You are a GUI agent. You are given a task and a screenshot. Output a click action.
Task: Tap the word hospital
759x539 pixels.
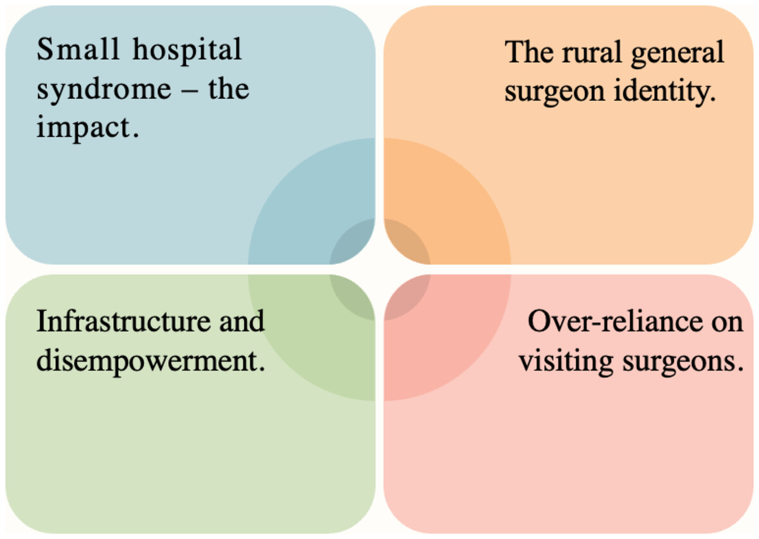click(187, 51)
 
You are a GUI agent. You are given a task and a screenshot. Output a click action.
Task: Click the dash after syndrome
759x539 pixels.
click(190, 90)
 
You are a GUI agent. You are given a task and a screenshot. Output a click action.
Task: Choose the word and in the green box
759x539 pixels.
click(242, 321)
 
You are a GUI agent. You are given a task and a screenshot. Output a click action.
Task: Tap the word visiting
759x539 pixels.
click(566, 362)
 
